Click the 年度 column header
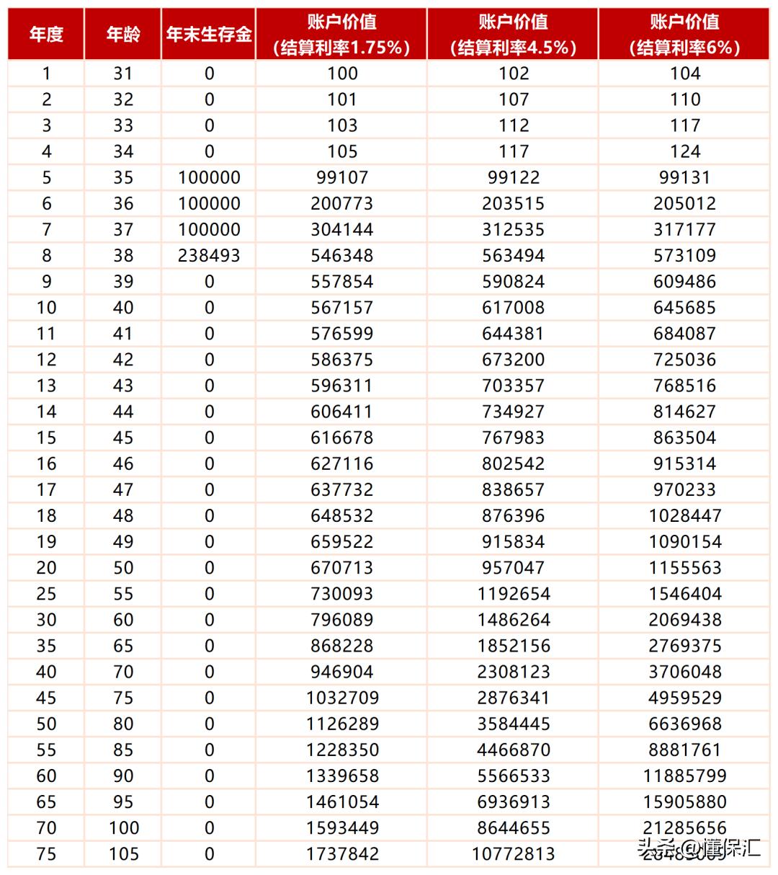pos(46,34)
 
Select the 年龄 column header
pos(123,34)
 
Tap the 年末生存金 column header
pos(209,34)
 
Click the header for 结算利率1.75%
pos(341,35)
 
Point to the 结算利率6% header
pos(684,35)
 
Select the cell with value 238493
pos(209,256)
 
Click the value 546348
pos(342,256)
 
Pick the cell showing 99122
pos(513,178)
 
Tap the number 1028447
pos(684,516)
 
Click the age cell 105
pos(123,854)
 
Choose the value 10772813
pos(513,854)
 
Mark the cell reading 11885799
pos(684,776)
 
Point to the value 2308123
pos(513,672)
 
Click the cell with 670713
pos(342,568)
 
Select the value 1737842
pos(342,854)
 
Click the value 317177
pos(684,230)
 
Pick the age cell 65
pos(123,647)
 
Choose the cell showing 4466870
pos(513,750)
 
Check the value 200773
pos(342,204)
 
